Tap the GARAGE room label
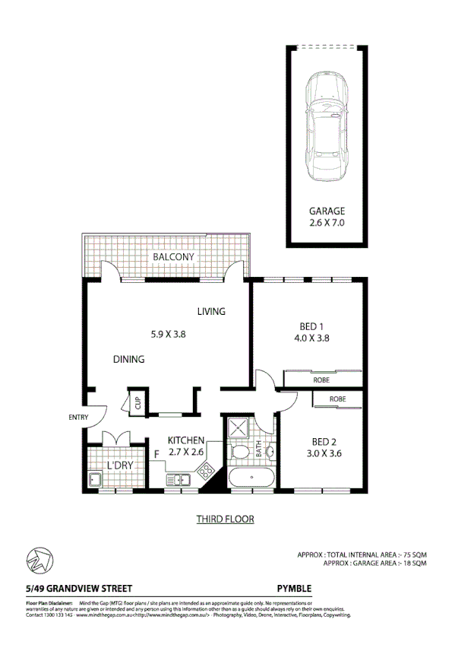click(x=327, y=211)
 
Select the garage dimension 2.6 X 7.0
click(x=327, y=223)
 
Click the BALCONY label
click(x=173, y=257)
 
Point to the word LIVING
click(x=211, y=312)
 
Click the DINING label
click(x=129, y=359)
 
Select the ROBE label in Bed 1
click(x=321, y=378)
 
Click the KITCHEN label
click(x=186, y=440)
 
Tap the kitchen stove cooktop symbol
click(x=206, y=473)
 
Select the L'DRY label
click(x=119, y=465)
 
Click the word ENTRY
click(x=78, y=417)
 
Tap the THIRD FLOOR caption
click(x=225, y=519)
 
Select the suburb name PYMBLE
click(x=294, y=588)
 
